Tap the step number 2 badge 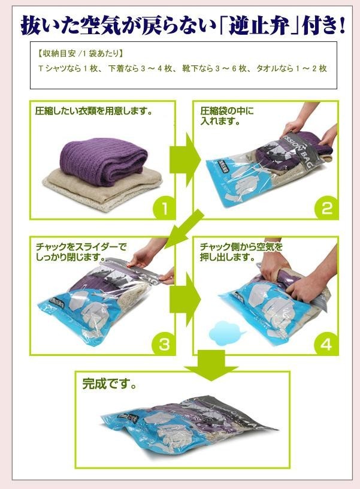[x=326, y=208]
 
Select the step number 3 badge [x=164, y=344]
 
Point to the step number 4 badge [x=326, y=344]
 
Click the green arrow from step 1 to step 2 [x=184, y=159]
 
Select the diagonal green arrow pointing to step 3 [x=183, y=229]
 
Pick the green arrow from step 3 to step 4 [x=184, y=299]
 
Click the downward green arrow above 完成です [x=211, y=365]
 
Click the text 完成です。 [x=110, y=384]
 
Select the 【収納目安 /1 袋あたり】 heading [x=80, y=54]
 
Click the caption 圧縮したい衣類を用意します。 [x=94, y=111]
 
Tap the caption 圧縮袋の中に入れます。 [x=227, y=116]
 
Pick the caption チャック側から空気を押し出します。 [x=241, y=252]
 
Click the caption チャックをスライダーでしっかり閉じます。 [x=81, y=252]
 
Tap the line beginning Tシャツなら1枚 [x=182, y=68]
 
